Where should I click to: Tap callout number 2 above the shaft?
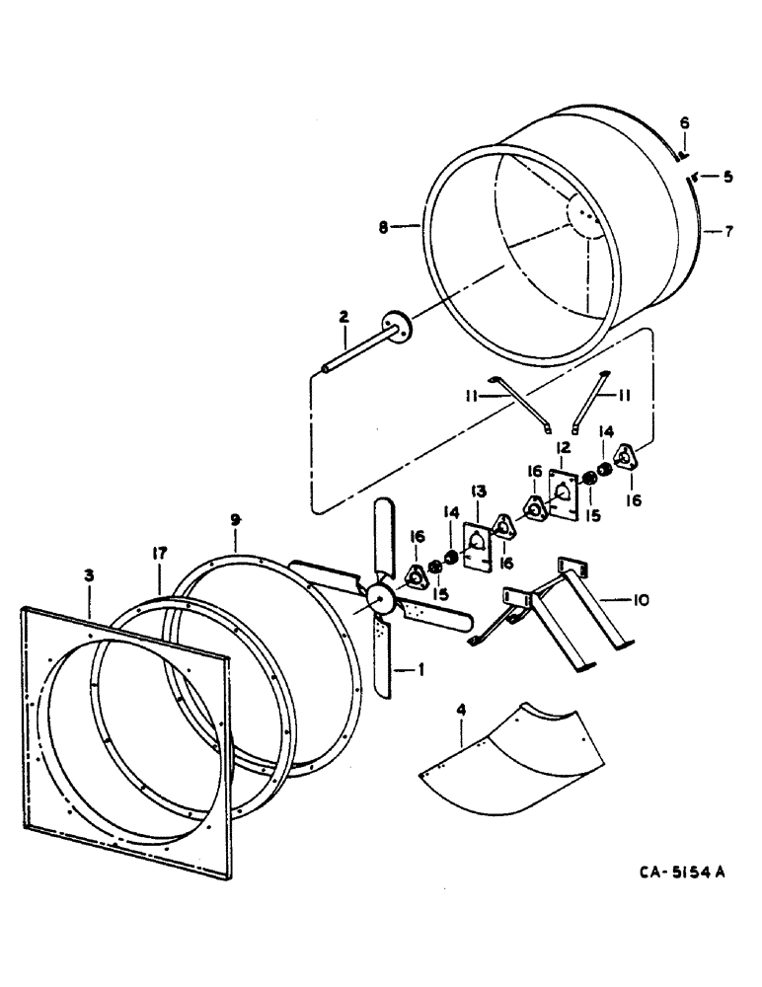(343, 319)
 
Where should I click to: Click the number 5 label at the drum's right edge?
(728, 179)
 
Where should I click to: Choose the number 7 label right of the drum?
(728, 232)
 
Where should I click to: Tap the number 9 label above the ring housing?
(235, 518)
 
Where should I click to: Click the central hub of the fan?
(379, 598)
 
